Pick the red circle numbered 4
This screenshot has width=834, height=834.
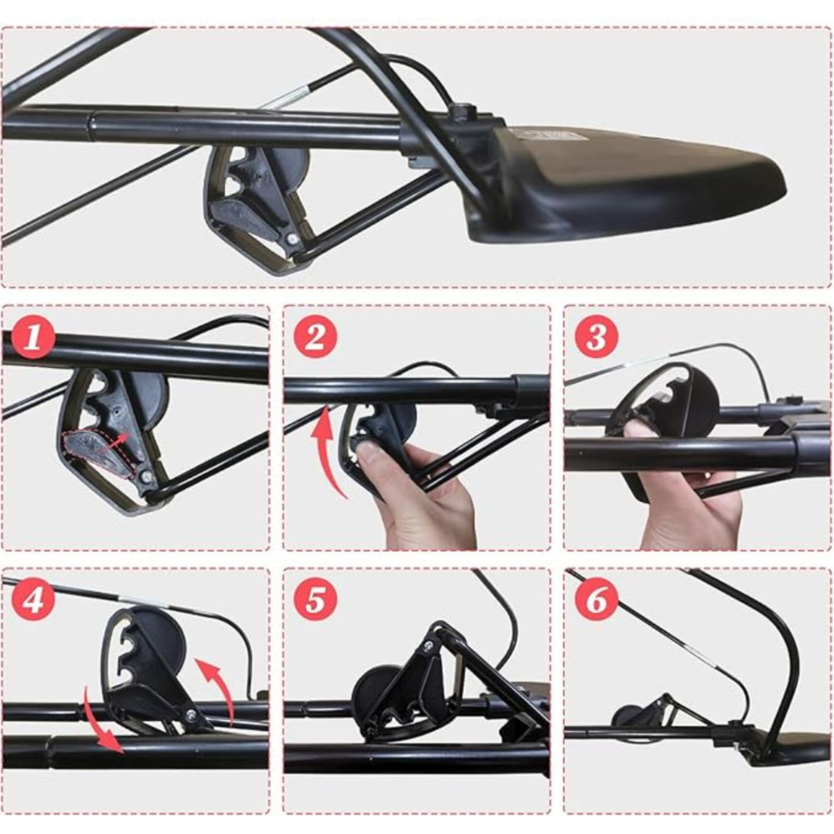[x=34, y=599]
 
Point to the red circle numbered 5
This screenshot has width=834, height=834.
[x=315, y=600]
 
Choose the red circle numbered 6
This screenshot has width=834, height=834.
[x=596, y=599]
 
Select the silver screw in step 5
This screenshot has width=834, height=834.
[x=429, y=656]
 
